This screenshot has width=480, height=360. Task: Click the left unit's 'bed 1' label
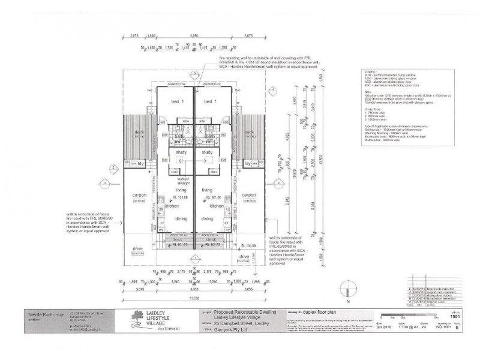176,102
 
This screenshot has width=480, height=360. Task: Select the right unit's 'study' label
208,152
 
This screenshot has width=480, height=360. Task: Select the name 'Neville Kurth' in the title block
41,313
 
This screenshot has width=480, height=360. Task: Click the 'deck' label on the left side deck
139,133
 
